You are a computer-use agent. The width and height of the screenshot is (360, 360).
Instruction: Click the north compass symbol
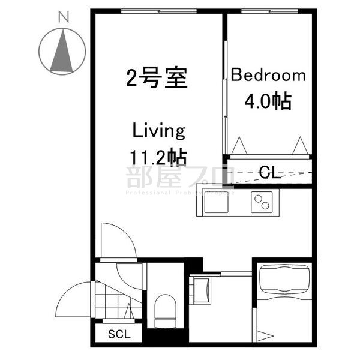tap(61, 52)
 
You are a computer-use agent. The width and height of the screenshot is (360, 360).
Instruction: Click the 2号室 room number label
tap(157, 78)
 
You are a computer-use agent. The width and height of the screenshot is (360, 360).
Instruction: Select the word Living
tap(158, 130)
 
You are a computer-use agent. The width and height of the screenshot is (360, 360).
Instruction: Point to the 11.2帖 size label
tap(158, 157)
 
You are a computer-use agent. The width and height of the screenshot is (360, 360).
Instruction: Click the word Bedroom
tap(268, 76)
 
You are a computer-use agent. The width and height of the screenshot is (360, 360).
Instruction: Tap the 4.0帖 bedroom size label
tap(268, 100)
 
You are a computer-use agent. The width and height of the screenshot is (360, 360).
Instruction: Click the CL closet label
tap(268, 173)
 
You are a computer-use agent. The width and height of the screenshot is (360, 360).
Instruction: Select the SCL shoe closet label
tap(118, 334)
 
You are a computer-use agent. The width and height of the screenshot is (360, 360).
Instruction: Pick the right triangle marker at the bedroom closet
tap(299, 146)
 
